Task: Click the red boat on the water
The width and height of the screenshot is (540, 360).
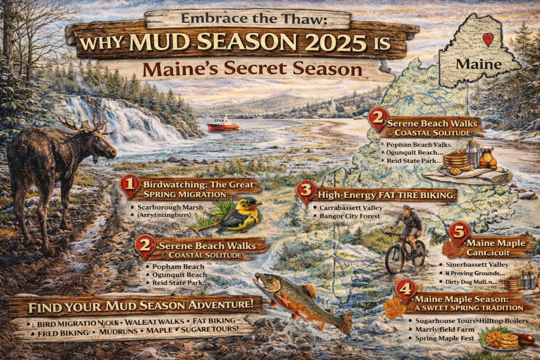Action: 223,124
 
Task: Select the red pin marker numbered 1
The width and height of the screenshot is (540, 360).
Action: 130,187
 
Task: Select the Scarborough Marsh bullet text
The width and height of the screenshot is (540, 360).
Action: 169,207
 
